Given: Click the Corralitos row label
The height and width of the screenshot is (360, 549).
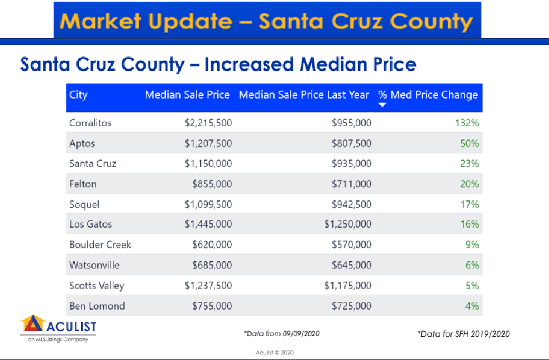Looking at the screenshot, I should (x=90, y=123).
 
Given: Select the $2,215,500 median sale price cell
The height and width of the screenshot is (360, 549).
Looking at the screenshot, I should (x=208, y=123).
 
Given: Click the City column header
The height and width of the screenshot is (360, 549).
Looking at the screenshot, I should (x=78, y=94).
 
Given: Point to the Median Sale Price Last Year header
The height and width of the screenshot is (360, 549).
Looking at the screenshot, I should (x=304, y=94).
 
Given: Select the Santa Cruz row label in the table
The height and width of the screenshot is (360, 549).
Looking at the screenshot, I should (x=93, y=164).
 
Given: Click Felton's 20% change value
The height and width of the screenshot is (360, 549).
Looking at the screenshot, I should (x=470, y=184).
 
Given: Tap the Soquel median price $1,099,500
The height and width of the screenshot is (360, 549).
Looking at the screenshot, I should (x=208, y=204).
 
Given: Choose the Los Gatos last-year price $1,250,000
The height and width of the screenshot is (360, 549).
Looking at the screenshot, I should (x=347, y=224).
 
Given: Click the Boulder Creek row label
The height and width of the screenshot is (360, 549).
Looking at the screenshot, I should (x=100, y=244).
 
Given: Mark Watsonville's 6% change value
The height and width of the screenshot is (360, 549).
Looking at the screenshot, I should (x=472, y=265).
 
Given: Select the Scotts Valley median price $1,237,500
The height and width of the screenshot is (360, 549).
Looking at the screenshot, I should (x=208, y=285).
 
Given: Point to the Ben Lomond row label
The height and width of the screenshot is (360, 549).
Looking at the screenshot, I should (x=97, y=306).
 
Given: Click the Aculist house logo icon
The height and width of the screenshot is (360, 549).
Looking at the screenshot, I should (x=32, y=325).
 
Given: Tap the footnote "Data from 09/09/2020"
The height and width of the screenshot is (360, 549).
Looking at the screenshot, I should (x=282, y=334).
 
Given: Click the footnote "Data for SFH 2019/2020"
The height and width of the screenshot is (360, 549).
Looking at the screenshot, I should (x=464, y=334).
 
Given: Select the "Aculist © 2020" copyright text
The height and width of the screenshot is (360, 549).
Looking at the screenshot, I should (x=274, y=352).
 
